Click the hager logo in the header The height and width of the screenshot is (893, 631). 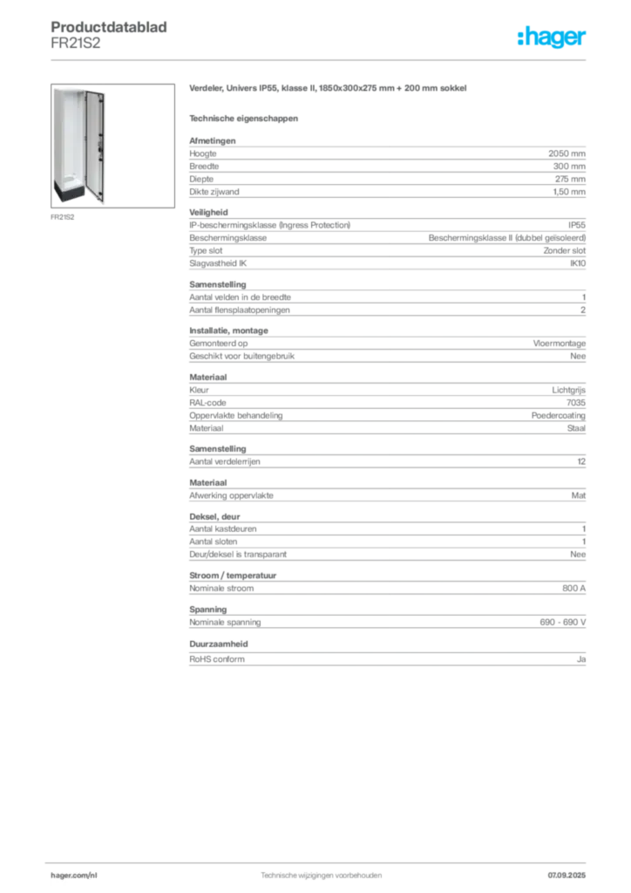point(551,37)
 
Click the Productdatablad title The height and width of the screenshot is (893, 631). point(109,27)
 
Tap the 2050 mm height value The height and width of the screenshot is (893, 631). point(567,153)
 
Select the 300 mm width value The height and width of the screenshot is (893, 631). point(569,167)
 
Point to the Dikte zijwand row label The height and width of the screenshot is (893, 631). point(214,192)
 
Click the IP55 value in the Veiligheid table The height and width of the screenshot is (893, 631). point(576,225)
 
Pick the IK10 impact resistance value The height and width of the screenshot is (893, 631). point(578,263)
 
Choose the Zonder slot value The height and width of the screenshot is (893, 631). point(564,250)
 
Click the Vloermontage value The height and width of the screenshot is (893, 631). point(560,344)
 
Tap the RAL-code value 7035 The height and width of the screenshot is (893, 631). point(576,403)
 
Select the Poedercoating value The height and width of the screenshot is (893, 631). point(558,416)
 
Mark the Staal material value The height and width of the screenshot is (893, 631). point(576,428)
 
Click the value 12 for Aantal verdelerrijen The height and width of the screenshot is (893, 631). point(581,461)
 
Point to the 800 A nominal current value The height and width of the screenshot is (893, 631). point(573,589)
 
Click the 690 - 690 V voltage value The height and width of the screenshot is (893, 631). point(563,623)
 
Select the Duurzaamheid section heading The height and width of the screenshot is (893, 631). point(219,644)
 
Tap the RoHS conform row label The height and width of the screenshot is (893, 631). point(217,659)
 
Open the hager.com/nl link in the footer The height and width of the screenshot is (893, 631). point(74,876)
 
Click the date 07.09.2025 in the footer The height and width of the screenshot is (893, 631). point(567,876)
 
